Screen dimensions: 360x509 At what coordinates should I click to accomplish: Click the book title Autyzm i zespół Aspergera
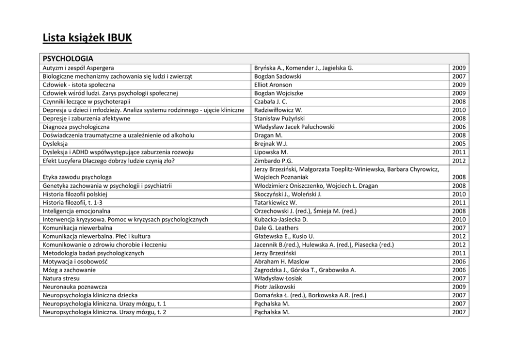(79, 68)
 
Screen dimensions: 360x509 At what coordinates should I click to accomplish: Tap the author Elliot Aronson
(273, 85)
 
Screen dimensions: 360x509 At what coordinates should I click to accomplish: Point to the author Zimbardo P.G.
(273, 160)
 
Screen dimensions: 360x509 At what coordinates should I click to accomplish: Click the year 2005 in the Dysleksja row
(459, 144)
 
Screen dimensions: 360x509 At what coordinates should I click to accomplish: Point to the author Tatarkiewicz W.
(276, 202)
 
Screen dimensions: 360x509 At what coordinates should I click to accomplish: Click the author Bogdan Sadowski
(278, 76)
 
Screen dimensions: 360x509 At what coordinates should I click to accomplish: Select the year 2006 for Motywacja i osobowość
(459, 261)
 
